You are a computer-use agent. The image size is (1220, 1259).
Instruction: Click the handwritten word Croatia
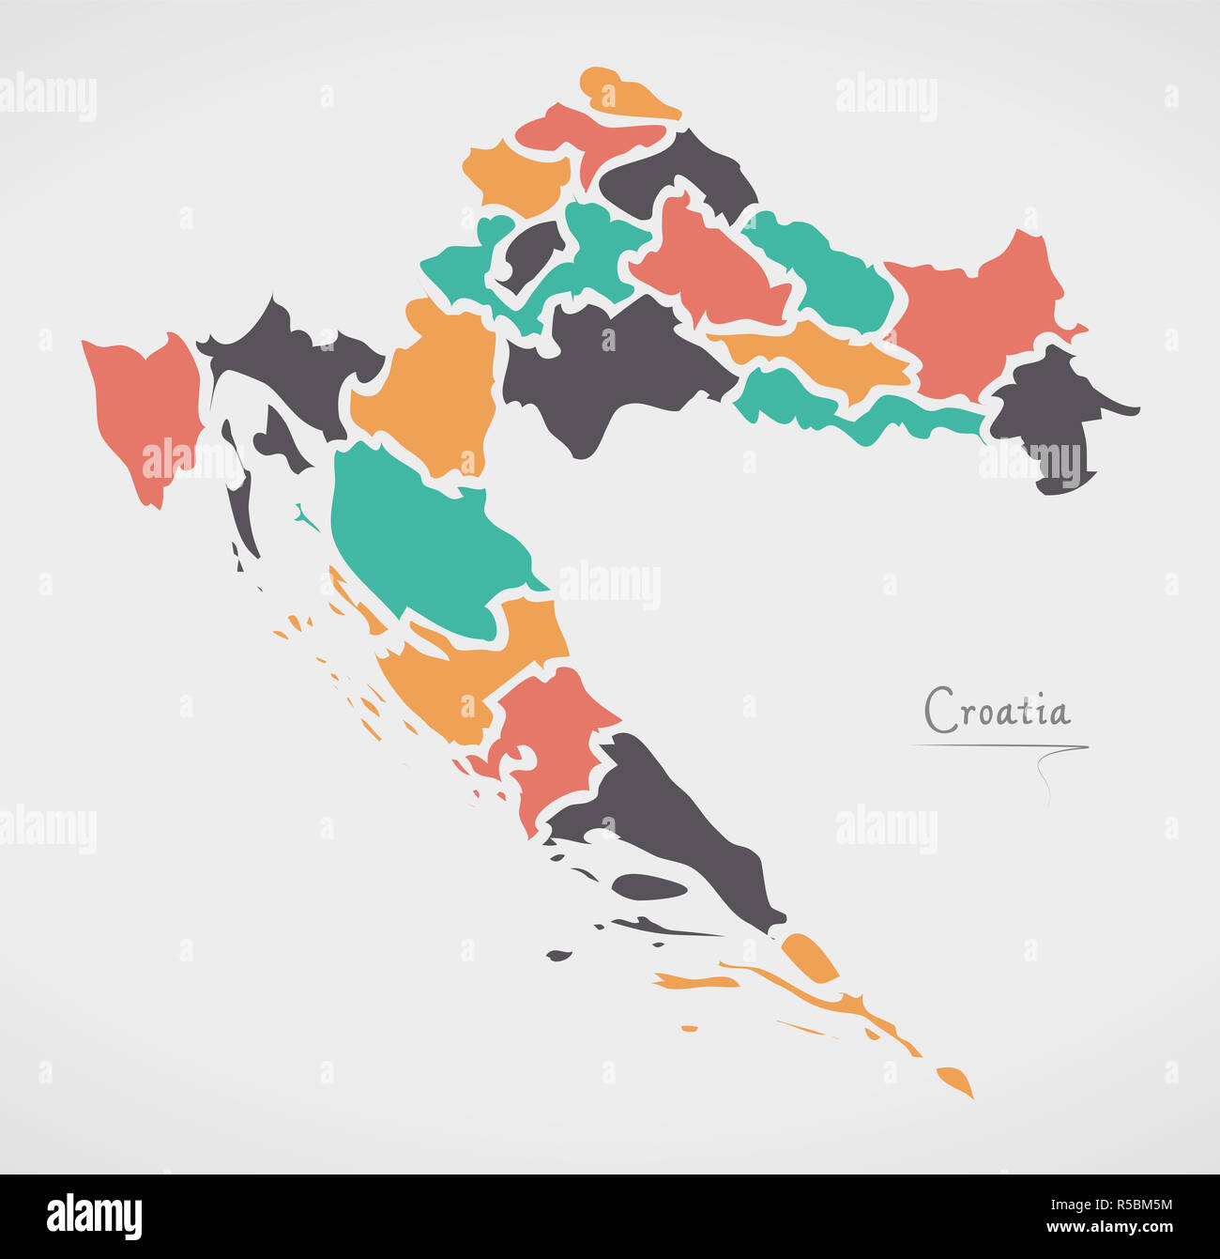tap(997, 710)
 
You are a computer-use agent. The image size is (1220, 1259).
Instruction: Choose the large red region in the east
tap(976, 315)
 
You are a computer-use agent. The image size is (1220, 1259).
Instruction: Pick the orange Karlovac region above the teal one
tap(432, 385)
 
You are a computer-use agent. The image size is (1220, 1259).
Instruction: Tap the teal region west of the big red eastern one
tap(826, 272)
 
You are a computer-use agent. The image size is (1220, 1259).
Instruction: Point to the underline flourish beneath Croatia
tap(1000, 747)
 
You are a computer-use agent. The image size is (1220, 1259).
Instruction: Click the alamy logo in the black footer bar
tap(94, 1216)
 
